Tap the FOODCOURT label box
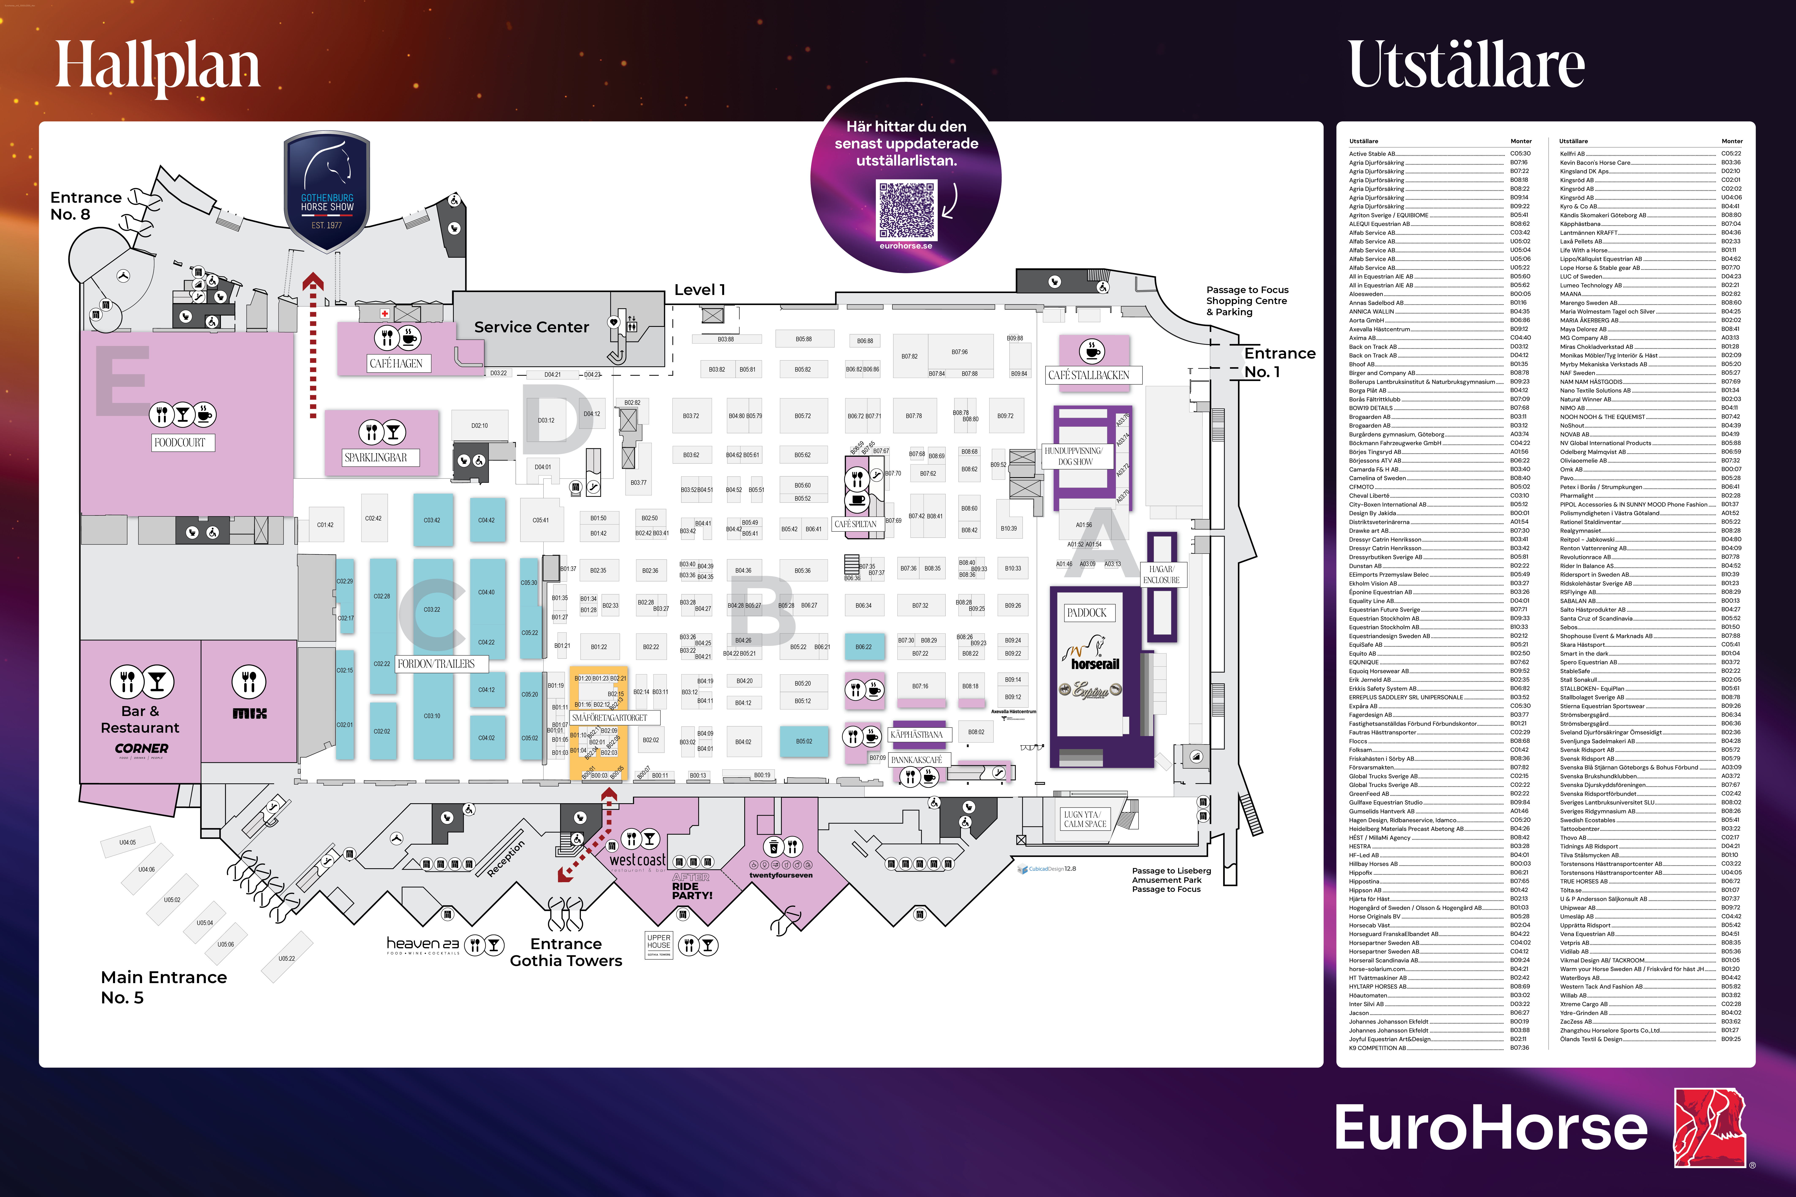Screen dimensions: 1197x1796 point(180,443)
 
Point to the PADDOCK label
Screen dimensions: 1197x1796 point(1087,613)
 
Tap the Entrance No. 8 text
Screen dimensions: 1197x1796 point(86,205)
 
